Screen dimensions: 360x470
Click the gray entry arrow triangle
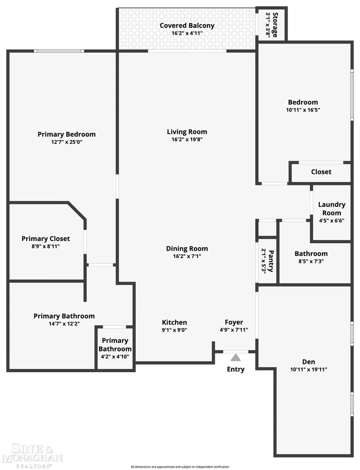click(x=236, y=357)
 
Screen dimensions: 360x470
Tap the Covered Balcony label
click(x=187, y=26)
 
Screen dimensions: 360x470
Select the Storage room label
click(x=275, y=25)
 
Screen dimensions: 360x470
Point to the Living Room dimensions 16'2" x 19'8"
click(x=187, y=140)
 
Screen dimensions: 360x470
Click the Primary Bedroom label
click(x=66, y=134)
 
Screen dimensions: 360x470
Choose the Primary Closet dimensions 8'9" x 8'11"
click(x=45, y=246)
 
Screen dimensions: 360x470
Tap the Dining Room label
click(x=187, y=248)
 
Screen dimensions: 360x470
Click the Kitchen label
click(x=174, y=322)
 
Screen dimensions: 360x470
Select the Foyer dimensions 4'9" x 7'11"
click(x=233, y=330)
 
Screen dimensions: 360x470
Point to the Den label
click(x=309, y=362)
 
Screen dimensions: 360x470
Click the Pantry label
click(x=271, y=261)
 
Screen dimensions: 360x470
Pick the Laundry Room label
click(x=332, y=209)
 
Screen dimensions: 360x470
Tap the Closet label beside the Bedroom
click(x=321, y=172)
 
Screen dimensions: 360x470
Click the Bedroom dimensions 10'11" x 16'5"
click(x=303, y=110)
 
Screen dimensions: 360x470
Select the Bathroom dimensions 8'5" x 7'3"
click(x=311, y=261)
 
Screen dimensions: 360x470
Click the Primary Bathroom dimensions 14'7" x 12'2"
click(x=64, y=324)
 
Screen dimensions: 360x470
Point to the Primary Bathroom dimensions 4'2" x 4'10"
click(x=115, y=357)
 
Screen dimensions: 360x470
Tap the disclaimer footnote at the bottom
click(x=180, y=467)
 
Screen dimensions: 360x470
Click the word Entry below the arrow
click(x=236, y=369)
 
